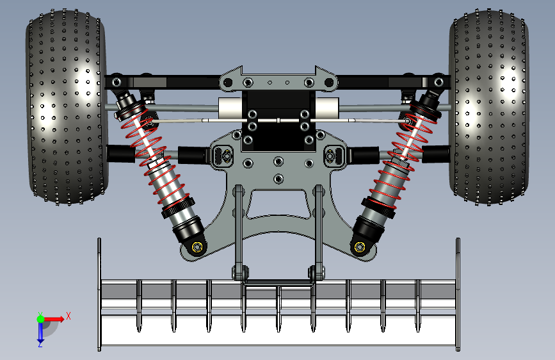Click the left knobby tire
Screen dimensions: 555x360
[66, 106]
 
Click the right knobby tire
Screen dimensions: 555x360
[489, 106]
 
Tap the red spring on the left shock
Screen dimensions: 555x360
[152, 156]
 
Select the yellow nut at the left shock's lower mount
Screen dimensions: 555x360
[197, 247]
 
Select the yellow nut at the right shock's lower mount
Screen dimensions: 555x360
[360, 247]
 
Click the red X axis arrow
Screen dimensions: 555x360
[54, 319]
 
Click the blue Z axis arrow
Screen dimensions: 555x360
[40, 333]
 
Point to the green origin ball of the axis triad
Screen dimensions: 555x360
[40, 319]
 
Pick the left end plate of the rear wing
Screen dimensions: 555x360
[99, 295]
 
